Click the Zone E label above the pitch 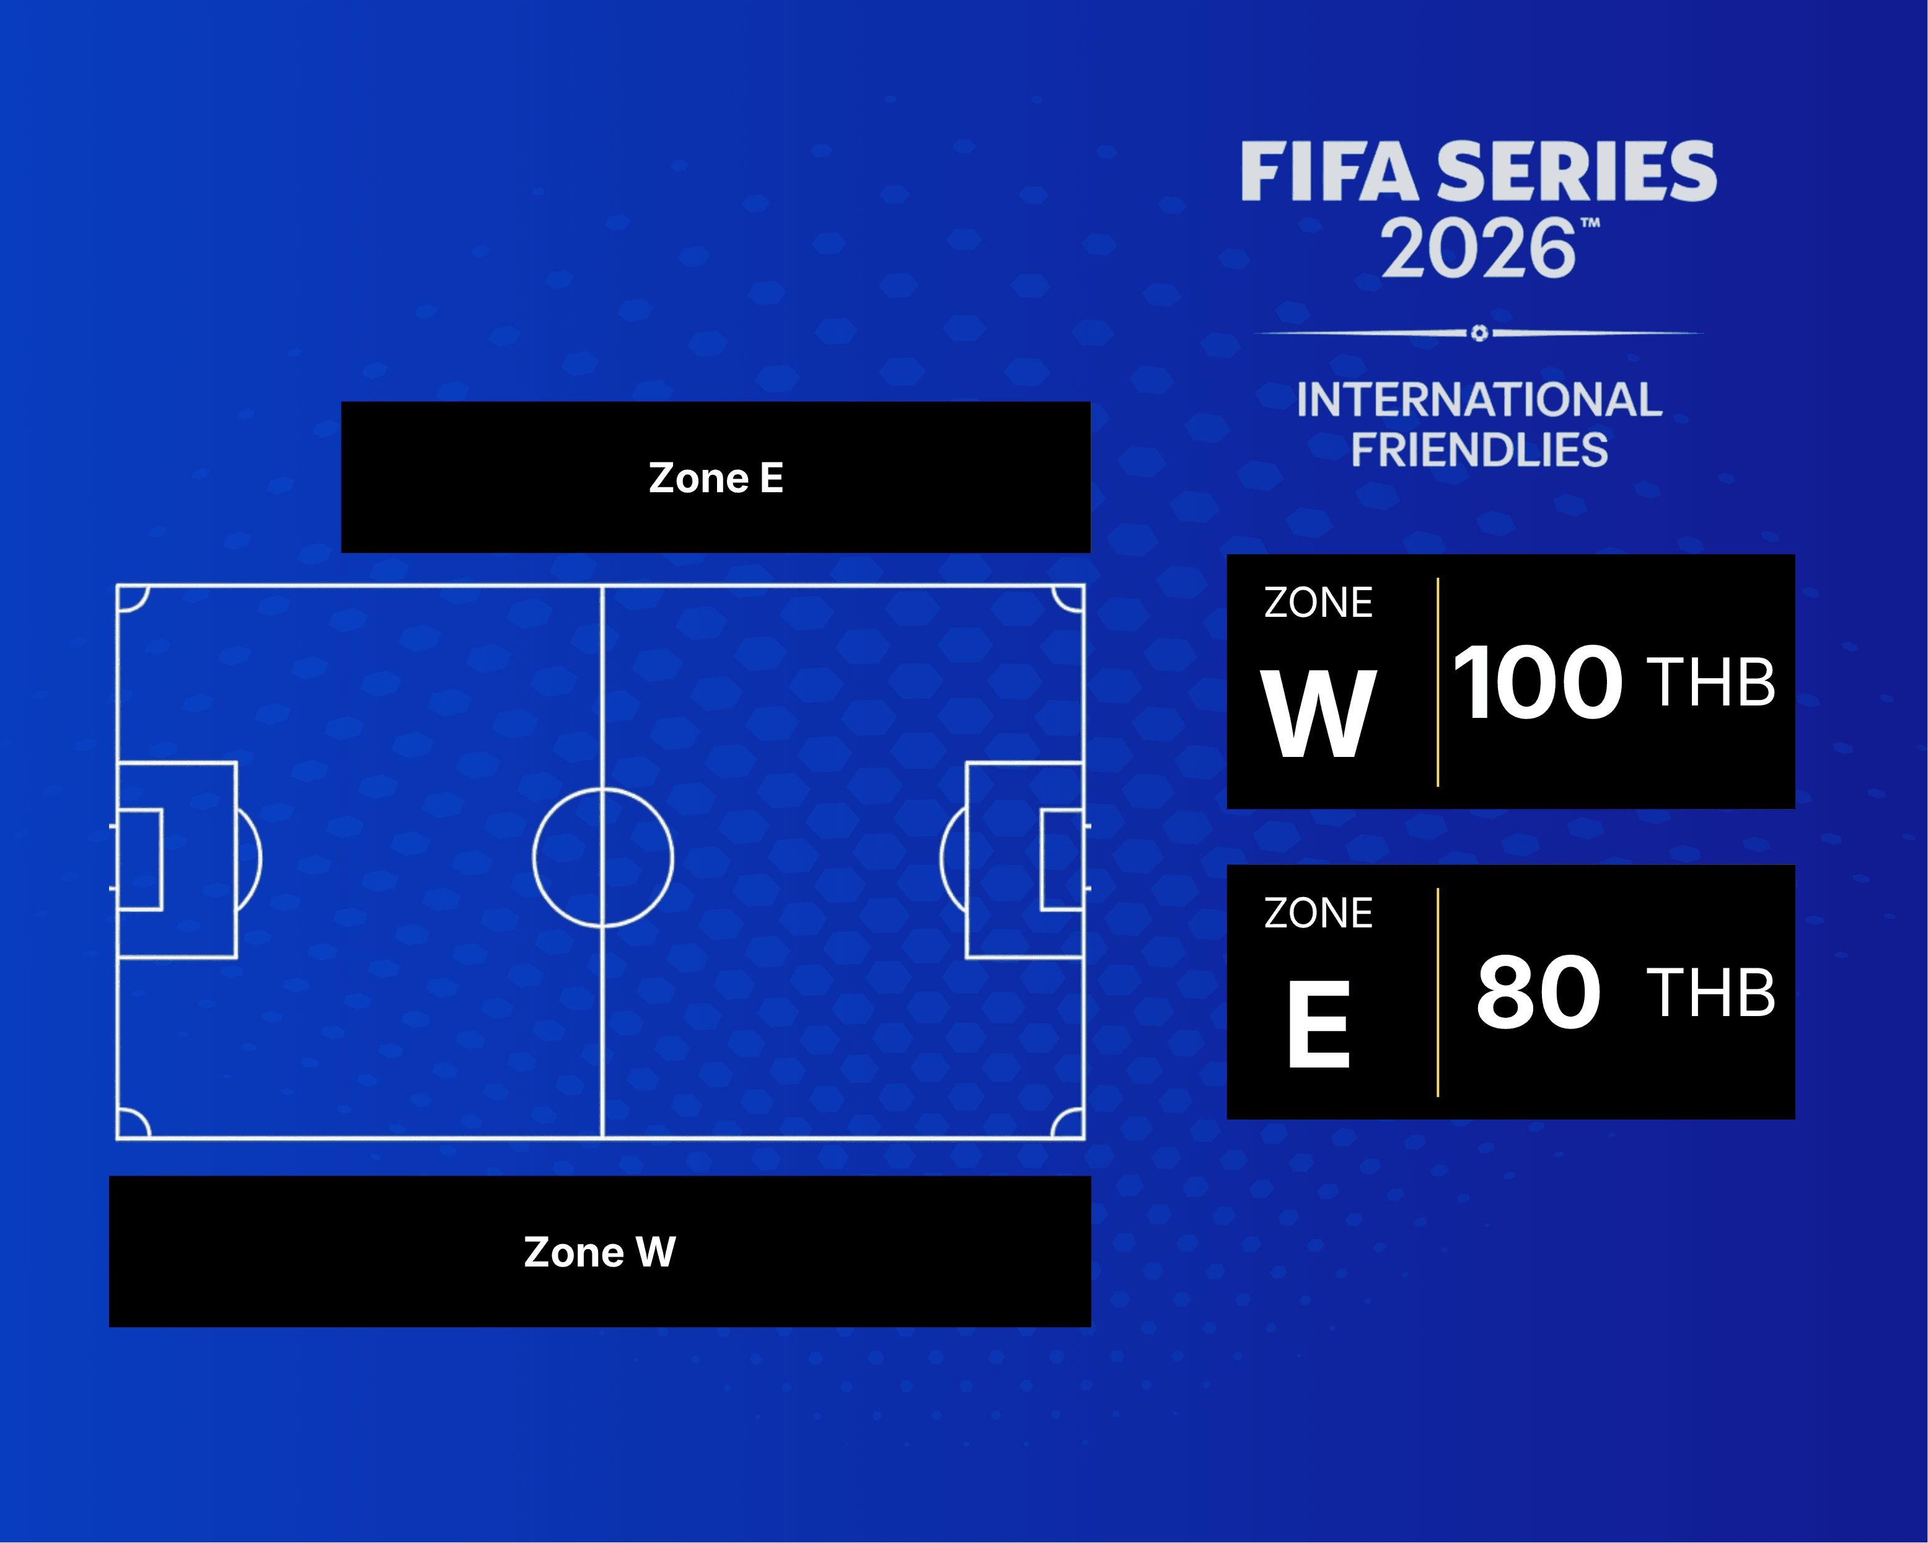[x=715, y=478]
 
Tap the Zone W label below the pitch [x=599, y=1252]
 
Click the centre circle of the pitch [x=603, y=857]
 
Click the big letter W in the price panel [x=1318, y=714]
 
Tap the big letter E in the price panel [x=1318, y=1024]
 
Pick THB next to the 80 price [x=1710, y=993]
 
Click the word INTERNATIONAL [x=1479, y=400]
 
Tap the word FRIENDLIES [x=1479, y=450]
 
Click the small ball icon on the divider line [x=1479, y=333]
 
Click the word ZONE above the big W [x=1318, y=603]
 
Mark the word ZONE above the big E [x=1318, y=913]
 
